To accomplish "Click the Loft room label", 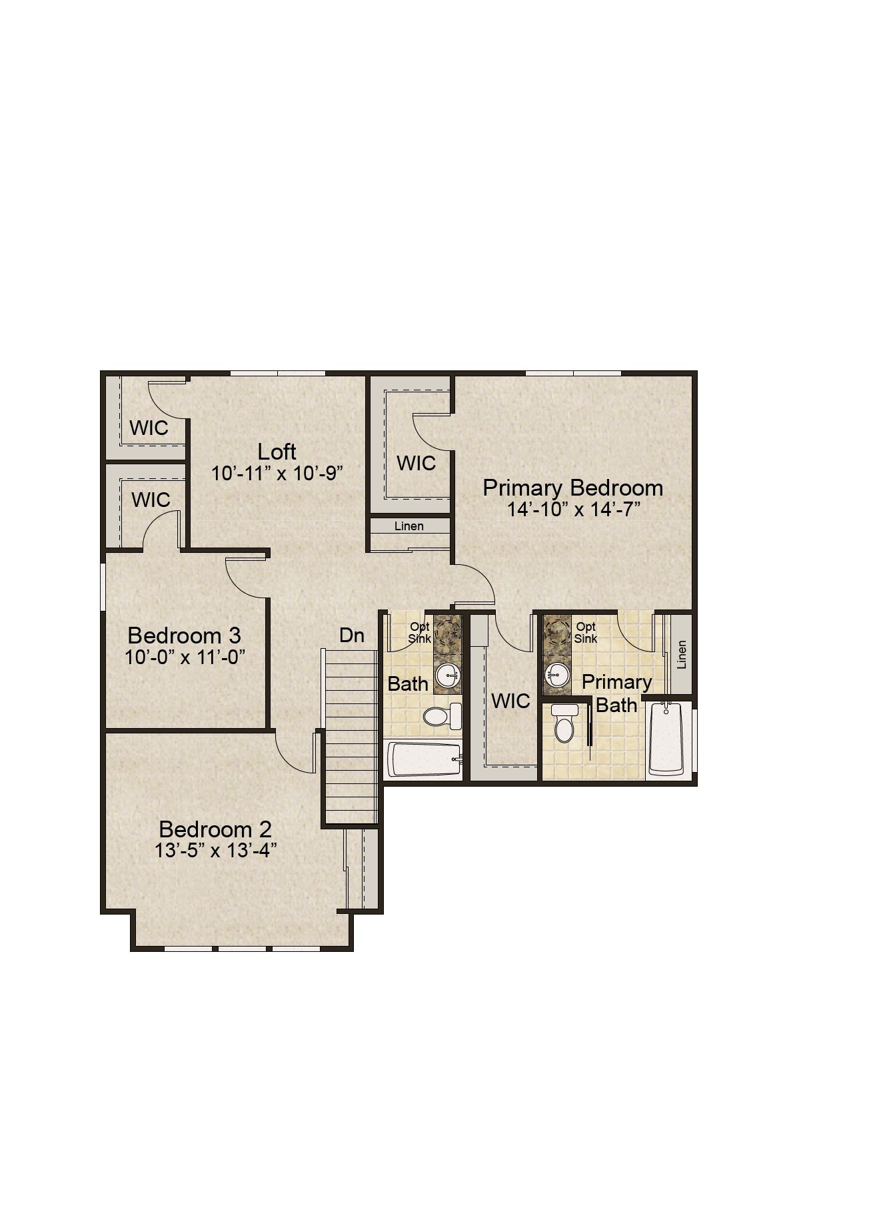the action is coord(277,452).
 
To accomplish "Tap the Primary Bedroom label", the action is coord(573,488).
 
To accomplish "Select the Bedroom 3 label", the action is coord(185,635).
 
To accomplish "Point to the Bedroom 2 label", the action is coord(216,829).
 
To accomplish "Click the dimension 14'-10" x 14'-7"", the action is coord(573,510).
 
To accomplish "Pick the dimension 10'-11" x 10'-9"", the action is coord(277,474).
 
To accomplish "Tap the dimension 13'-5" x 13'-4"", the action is coord(216,851).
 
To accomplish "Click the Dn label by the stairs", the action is coord(352,635).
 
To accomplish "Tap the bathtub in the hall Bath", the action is coord(425,760).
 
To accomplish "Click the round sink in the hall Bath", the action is coord(447,676).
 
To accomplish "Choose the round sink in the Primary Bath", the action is coord(556,675).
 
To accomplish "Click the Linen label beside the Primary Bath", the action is coord(681,655).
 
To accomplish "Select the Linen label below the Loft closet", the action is coord(409,526).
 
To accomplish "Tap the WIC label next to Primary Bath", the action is coord(510,701).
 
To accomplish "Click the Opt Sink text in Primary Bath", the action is coord(586,632).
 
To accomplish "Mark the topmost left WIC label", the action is coord(149,428).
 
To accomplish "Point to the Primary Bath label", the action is coord(616,693).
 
